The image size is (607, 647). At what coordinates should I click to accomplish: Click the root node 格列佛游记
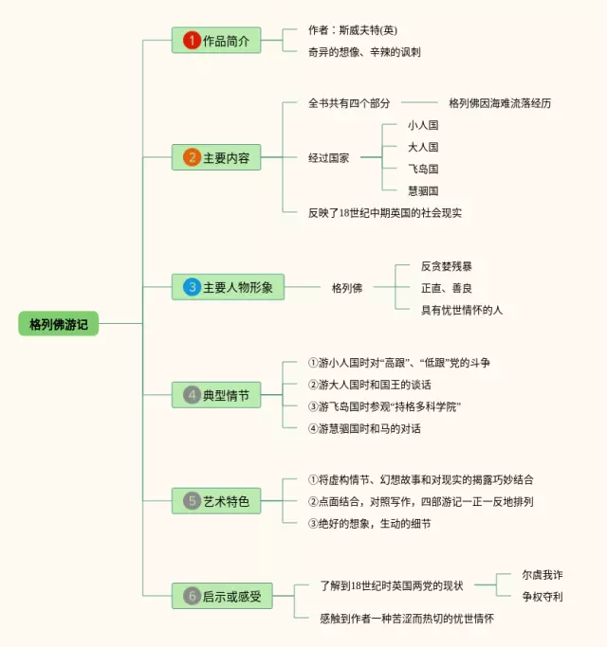coord(58,324)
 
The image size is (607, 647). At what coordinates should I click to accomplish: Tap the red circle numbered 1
coord(192,41)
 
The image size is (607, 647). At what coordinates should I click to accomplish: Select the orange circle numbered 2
coord(192,157)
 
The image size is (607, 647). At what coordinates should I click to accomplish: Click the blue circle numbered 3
coord(192,287)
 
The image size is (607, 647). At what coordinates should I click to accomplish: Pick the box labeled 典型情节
coord(216,395)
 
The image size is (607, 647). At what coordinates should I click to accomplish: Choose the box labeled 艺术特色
coord(216,501)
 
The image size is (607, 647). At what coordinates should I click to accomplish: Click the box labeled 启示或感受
coord(222,596)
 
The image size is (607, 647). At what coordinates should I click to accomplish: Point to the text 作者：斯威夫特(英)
coord(353,30)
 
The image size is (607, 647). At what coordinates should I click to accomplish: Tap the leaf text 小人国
coord(423,125)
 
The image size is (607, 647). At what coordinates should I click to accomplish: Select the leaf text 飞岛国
coord(423,169)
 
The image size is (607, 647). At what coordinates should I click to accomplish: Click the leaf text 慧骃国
coord(423,190)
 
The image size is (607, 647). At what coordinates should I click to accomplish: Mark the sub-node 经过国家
coord(328,157)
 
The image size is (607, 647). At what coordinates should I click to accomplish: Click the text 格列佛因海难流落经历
coord(500,103)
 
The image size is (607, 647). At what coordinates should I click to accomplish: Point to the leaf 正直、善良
coord(447,288)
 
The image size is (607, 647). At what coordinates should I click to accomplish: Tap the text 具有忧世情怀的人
coord(462,310)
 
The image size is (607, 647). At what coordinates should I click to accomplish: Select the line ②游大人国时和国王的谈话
coord(369,385)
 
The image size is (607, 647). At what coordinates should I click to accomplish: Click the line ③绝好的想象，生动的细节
coord(369,524)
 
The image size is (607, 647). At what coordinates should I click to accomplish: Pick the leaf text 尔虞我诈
coord(543,574)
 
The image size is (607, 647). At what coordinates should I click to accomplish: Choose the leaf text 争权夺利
coord(543,596)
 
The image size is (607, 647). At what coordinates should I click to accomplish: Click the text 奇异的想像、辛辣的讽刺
coord(364,52)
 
